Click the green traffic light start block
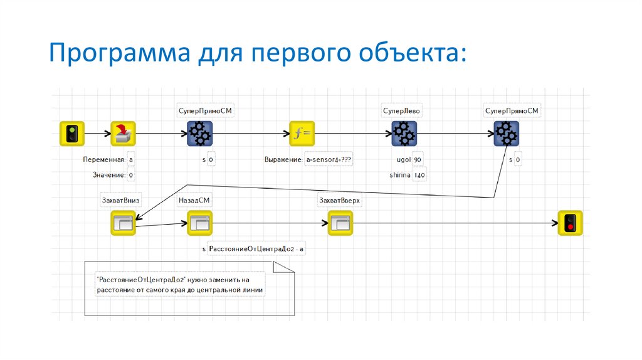pyautogui.click(x=72, y=134)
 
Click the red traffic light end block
pyautogui.click(x=570, y=223)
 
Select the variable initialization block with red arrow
pyautogui.click(x=123, y=134)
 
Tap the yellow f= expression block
pyautogui.click(x=302, y=134)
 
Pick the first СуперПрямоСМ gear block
pyautogui.click(x=200, y=134)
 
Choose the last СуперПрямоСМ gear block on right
pyautogui.click(x=505, y=134)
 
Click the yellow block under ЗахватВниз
pyautogui.click(x=123, y=223)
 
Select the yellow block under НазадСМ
pyautogui.click(x=200, y=223)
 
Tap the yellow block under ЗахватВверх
pyautogui.click(x=340, y=223)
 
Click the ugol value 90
pyautogui.click(x=418, y=160)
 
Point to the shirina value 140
pyautogui.click(x=419, y=175)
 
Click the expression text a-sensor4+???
pyautogui.click(x=329, y=160)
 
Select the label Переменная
pyautogui.click(x=103, y=160)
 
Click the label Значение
pyautogui.click(x=108, y=175)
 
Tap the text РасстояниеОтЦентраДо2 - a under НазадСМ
pyautogui.click(x=256, y=249)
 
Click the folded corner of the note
pyautogui.click(x=283, y=268)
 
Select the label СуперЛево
pyautogui.click(x=402, y=111)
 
